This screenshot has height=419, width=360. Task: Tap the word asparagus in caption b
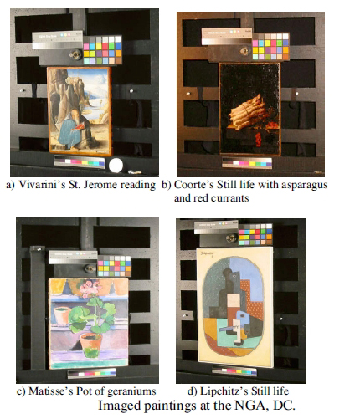click(304, 185)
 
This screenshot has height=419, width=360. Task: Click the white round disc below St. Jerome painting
click(116, 166)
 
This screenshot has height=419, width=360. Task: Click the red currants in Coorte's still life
click(259, 139)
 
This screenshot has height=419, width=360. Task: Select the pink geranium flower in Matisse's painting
click(90, 289)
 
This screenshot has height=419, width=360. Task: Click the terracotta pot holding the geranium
click(91, 345)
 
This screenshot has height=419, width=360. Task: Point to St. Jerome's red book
click(79, 127)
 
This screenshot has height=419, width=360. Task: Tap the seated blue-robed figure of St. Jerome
click(71, 128)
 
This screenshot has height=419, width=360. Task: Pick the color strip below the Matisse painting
click(91, 373)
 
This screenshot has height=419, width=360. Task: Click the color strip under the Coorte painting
click(247, 162)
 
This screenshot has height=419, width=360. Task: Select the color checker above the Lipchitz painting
click(255, 234)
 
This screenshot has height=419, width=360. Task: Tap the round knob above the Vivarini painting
click(75, 54)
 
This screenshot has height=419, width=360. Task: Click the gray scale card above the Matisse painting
click(73, 257)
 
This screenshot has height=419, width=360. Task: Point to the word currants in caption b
click(231, 198)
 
